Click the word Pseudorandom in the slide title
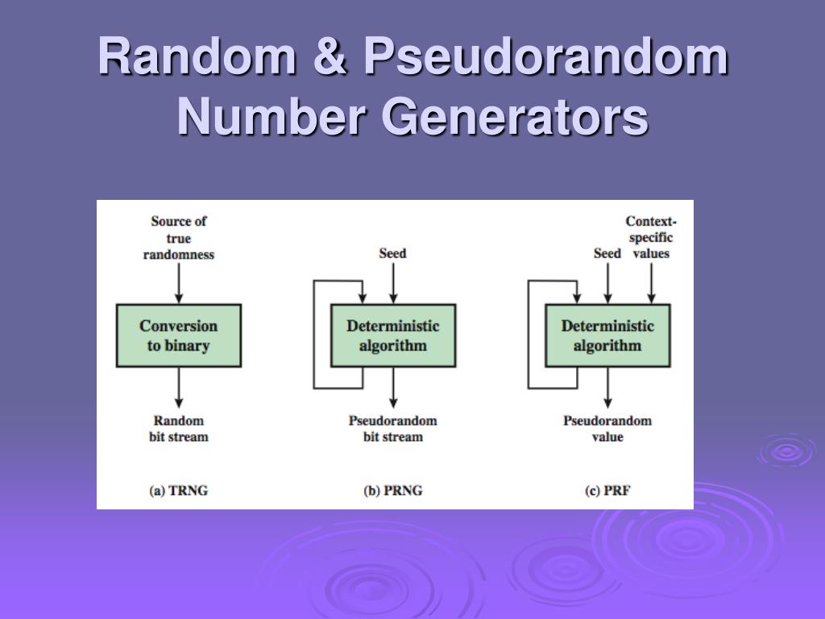pos(545,58)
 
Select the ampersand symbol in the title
pos(331,58)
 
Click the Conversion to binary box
pos(178,335)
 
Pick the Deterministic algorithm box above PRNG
pos(392,335)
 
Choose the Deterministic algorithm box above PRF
pos(607,335)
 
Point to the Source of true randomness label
pos(178,237)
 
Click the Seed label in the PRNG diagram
pos(392,253)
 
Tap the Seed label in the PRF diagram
pos(607,253)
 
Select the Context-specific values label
pos(651,237)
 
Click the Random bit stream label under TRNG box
pos(178,428)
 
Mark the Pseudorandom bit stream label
pos(392,428)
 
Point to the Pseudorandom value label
pos(607,428)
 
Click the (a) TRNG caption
pos(178,490)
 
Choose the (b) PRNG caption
pos(392,490)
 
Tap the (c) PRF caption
pos(607,490)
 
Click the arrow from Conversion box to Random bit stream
pos(178,388)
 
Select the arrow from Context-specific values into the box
pos(651,283)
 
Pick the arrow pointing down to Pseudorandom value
pos(607,388)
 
